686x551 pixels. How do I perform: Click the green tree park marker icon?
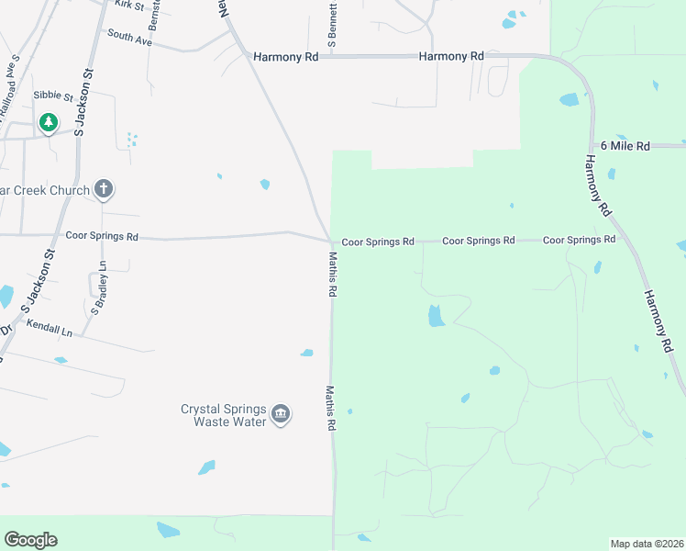(48, 122)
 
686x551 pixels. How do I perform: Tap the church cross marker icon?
(104, 190)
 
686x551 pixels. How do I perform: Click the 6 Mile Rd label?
(625, 146)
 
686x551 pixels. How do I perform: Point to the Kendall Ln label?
(49, 325)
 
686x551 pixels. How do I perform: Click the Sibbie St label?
(52, 96)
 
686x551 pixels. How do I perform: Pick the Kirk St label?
(129, 6)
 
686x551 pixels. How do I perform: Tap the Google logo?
(30, 540)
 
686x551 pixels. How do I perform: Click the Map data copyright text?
(647, 543)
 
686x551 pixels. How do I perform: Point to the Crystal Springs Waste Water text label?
(223, 415)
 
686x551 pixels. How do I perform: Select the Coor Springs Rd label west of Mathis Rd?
(102, 236)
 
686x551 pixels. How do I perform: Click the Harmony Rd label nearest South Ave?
(285, 57)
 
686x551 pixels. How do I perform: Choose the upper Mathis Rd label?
(332, 276)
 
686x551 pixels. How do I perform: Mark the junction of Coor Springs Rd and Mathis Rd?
(331, 242)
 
